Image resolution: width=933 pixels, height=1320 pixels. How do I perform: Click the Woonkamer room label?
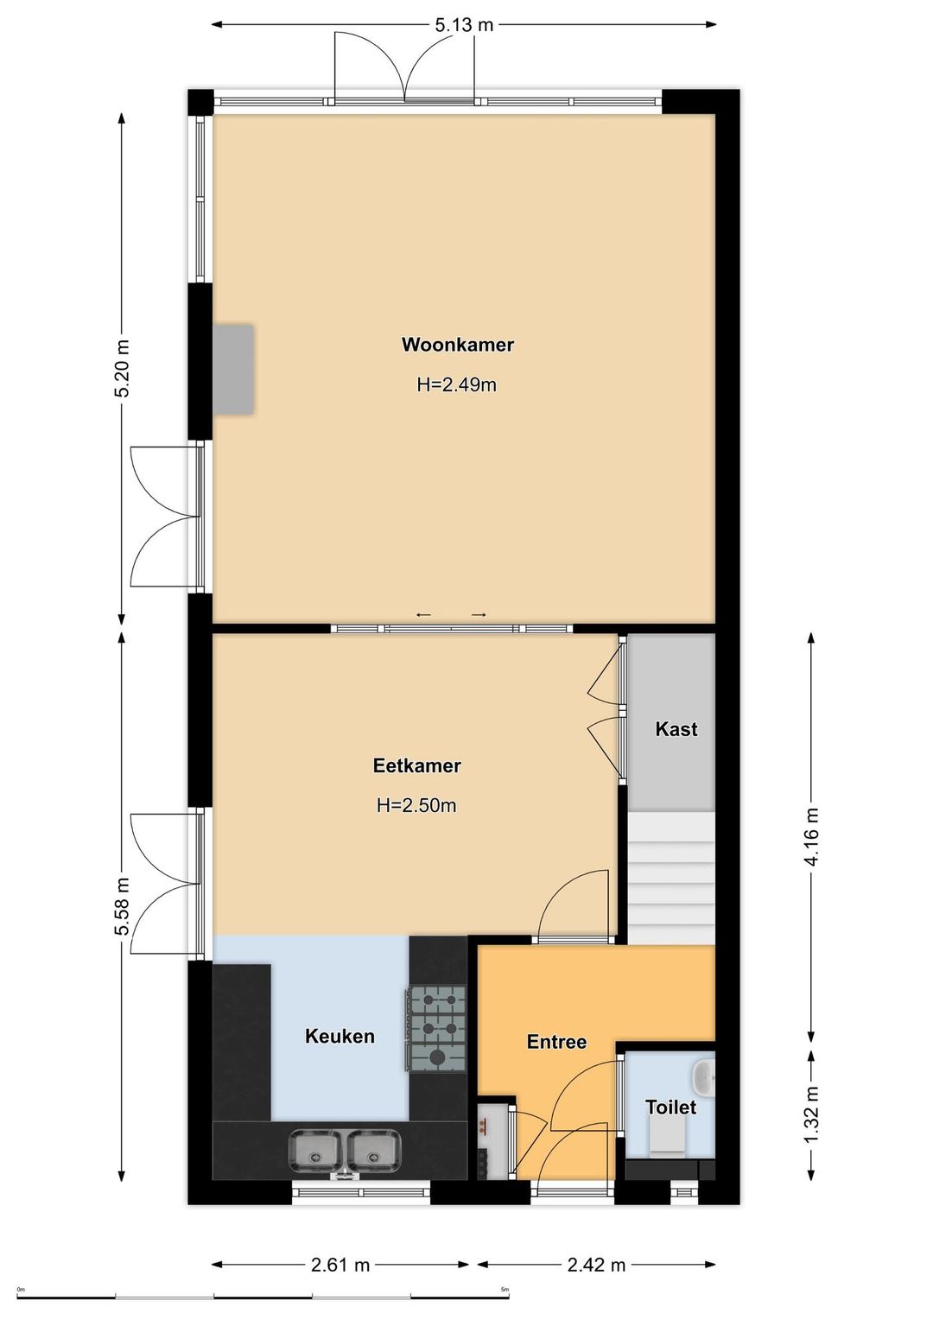pos(457,344)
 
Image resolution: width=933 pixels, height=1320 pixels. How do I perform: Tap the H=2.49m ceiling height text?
pos(457,384)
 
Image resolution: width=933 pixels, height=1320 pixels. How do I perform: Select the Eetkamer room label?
pos(416,765)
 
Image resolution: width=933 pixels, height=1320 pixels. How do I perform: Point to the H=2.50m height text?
pos(416,805)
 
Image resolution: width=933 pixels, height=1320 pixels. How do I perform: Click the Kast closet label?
pos(676,729)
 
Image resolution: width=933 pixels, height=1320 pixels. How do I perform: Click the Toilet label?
pos(670,1107)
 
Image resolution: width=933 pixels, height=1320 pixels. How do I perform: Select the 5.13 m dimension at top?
pos(464,25)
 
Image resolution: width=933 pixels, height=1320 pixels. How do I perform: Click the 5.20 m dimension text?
pos(122,368)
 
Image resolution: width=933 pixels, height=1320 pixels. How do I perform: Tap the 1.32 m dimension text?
pos(811,1114)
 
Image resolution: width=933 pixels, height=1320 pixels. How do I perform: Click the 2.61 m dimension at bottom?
pos(340,1260)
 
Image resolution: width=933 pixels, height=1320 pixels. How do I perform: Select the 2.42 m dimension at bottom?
pos(596,1260)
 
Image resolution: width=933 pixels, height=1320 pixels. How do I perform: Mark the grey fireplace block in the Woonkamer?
pos(233,369)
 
